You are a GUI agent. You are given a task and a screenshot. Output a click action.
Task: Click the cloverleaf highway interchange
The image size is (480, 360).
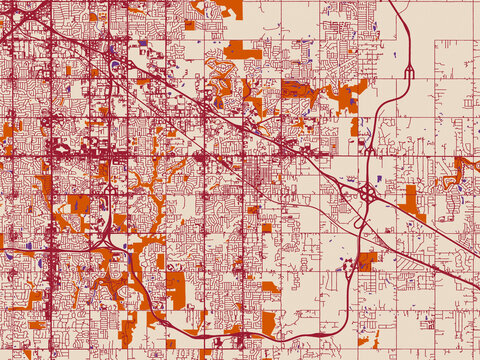pos(367,191)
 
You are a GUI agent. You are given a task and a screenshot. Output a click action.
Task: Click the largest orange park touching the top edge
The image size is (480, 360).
pos(228,8)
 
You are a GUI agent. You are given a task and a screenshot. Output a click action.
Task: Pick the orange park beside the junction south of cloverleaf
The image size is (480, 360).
pos(367,259)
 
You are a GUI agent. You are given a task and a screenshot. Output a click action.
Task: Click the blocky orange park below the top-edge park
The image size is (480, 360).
pos(242,51)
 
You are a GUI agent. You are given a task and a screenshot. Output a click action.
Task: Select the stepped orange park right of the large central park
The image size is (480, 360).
pos(351,95)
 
